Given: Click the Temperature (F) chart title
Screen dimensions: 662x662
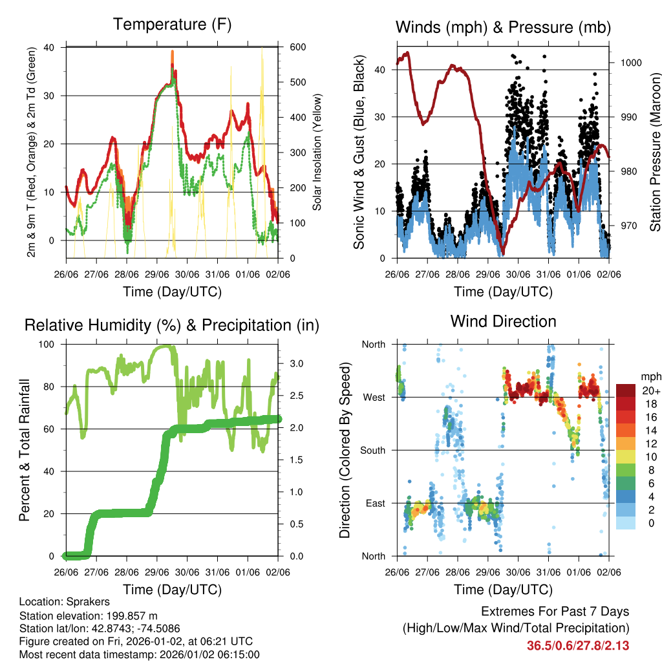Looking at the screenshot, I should point(172,25).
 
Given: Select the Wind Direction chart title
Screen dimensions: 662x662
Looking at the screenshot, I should point(503,321).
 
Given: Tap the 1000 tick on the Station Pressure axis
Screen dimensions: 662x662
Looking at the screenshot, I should point(630,63).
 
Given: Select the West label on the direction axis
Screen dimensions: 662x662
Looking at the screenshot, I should point(374,397).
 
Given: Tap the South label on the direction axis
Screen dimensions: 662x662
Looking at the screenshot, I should point(372,450).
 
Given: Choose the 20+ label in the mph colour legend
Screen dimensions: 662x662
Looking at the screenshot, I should point(650,390).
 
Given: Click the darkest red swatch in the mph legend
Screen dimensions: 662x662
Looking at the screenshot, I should point(625,390).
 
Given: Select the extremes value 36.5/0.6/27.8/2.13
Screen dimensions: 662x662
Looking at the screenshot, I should point(578,645).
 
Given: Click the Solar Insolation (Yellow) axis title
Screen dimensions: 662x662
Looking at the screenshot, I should point(317,152).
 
